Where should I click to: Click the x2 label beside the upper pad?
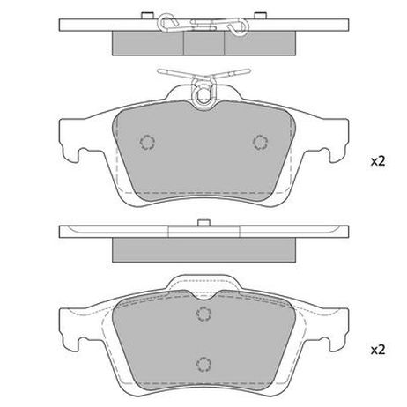(378, 161)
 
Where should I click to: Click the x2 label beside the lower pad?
(378, 350)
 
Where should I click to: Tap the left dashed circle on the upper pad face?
(147, 143)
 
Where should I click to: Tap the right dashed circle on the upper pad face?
(260, 143)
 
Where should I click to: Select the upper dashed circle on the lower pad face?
(203, 314)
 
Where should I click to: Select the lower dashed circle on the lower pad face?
(203, 365)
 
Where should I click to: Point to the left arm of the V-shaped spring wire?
(176, 73)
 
